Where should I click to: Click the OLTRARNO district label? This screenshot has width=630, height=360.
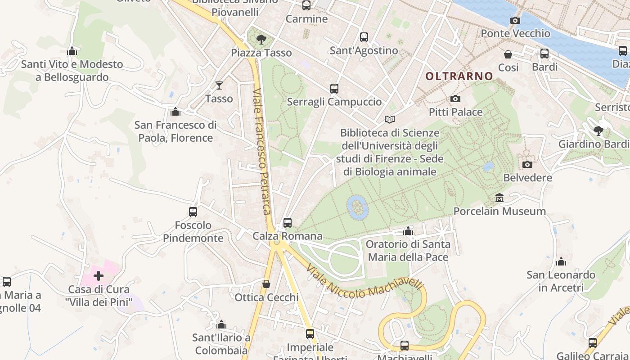[x=459, y=76]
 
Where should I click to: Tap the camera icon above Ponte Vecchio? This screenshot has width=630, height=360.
[x=515, y=20]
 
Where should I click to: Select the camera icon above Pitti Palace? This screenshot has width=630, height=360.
[x=455, y=99]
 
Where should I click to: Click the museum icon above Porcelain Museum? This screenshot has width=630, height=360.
[x=499, y=198]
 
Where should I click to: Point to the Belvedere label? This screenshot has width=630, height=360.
[x=527, y=178]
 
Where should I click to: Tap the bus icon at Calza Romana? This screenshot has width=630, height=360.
[x=288, y=222]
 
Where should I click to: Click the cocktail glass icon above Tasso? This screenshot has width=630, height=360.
[x=219, y=85]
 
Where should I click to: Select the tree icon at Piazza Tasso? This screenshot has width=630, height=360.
[x=261, y=40]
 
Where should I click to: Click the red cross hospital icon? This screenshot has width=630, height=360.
[x=99, y=276]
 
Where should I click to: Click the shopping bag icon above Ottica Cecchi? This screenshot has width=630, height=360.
[x=266, y=284]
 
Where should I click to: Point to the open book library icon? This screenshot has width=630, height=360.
[x=389, y=120]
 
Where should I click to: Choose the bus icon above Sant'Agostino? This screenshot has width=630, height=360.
[x=364, y=37]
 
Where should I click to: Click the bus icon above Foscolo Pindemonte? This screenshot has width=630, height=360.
[x=193, y=211]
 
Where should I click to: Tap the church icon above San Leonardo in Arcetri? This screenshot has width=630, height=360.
[x=561, y=261]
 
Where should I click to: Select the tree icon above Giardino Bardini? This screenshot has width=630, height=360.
[x=598, y=131]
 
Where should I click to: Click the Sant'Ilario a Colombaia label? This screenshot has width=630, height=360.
[x=221, y=344]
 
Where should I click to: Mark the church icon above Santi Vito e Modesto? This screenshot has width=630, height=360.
[x=72, y=51]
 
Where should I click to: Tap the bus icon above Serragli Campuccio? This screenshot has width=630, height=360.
[x=334, y=89]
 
